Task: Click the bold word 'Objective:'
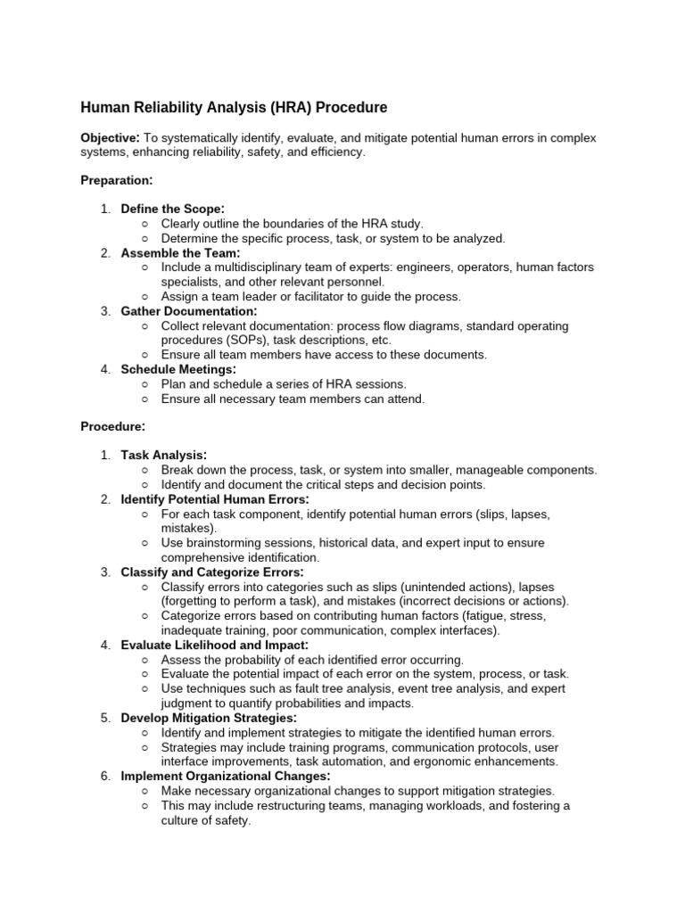point(110,138)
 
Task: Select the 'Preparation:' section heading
point(117,180)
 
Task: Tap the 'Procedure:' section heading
point(113,426)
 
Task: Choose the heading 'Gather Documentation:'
point(189,311)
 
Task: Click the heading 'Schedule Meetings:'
point(178,369)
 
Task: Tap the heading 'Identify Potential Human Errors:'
point(215,499)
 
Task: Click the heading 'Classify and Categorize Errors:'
point(212,572)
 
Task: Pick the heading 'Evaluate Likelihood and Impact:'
point(215,645)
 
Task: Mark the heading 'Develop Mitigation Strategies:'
point(209,718)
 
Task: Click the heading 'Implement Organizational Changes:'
point(226,777)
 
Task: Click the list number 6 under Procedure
point(105,777)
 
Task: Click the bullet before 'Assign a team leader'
point(145,297)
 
